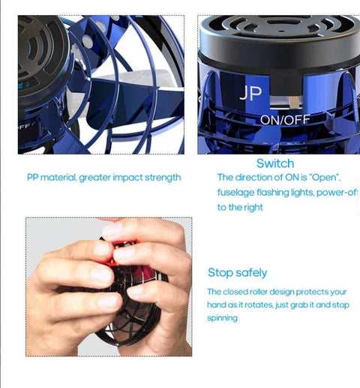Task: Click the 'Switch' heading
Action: pos(274,163)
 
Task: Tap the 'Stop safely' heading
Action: pos(237,272)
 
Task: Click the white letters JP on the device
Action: pos(250,95)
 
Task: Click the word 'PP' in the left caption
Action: pos(31,178)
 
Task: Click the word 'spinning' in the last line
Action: pos(223,318)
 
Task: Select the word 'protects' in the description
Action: pos(320,291)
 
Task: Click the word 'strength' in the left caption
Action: pos(163,178)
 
